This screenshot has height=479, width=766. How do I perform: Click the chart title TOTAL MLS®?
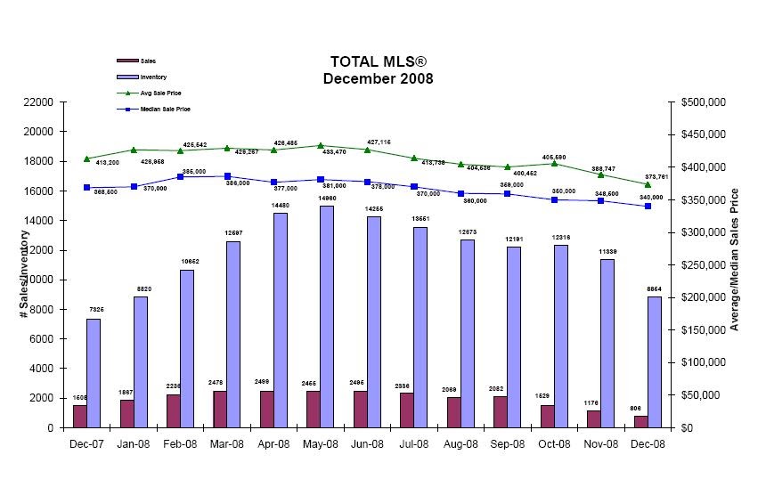click(379, 61)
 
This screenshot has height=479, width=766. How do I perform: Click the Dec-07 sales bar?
click(79, 416)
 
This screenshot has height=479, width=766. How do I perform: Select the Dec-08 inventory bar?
click(654, 361)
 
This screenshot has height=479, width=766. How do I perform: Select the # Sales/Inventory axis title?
click(24, 274)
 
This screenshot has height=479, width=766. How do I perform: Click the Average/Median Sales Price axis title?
click(735, 259)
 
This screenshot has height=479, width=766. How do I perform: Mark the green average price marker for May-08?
click(321, 145)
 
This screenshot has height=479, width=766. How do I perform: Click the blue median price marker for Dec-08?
click(648, 206)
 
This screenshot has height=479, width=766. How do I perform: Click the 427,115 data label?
click(379, 142)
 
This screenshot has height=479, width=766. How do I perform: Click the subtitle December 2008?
click(379, 78)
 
